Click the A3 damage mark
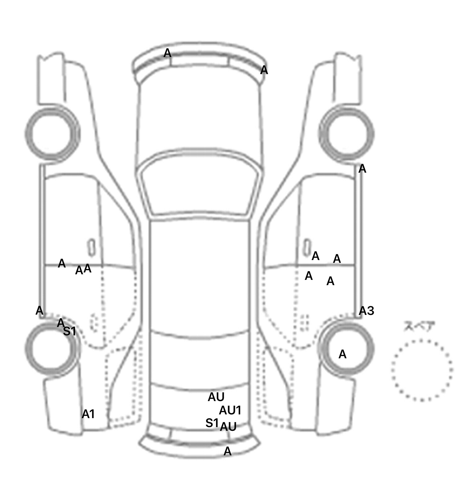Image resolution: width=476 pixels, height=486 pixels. (366, 311)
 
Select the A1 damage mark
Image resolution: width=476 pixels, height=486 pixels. (88, 414)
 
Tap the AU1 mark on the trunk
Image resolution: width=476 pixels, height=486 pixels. (230, 410)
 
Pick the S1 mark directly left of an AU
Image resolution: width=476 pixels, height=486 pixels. (212, 423)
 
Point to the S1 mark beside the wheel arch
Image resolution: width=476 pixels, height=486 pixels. (69, 331)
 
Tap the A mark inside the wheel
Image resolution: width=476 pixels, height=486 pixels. (342, 354)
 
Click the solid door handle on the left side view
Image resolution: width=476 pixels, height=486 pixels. (91, 247)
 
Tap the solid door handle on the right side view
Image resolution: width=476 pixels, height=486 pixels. (307, 247)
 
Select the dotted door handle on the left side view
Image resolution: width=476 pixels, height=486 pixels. (94, 322)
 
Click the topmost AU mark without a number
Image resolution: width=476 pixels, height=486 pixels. (216, 397)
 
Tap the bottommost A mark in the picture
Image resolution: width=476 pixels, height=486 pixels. (227, 451)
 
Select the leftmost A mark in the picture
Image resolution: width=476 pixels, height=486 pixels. (39, 311)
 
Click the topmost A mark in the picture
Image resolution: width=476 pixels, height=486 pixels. (167, 53)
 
